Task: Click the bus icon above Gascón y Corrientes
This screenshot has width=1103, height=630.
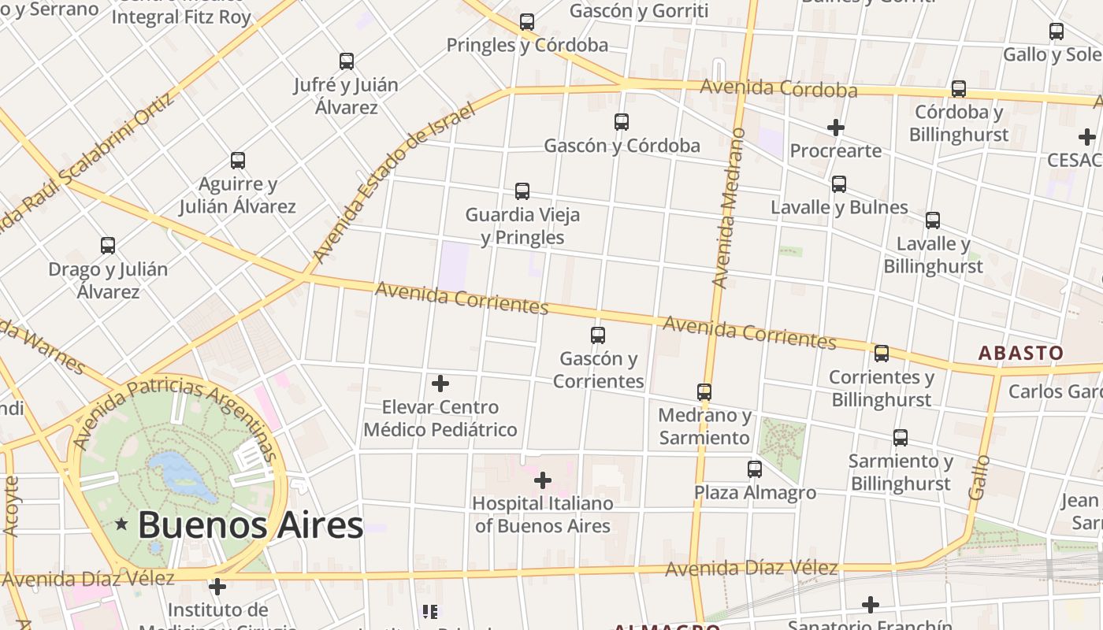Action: tap(598, 335)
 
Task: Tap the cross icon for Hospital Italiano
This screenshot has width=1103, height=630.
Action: tap(543, 480)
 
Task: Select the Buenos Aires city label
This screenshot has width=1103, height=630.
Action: tap(251, 525)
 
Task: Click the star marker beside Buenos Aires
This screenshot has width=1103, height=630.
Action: tap(121, 524)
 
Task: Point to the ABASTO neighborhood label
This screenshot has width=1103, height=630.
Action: tap(1021, 353)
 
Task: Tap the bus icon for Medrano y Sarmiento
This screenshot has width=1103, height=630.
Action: tap(704, 391)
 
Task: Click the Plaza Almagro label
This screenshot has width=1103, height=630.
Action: tap(755, 493)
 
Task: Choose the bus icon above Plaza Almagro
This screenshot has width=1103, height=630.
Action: tap(755, 469)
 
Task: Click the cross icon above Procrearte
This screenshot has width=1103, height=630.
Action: tap(836, 127)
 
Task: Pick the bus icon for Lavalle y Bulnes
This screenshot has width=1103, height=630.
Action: tap(839, 184)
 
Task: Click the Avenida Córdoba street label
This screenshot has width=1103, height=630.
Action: tap(778, 88)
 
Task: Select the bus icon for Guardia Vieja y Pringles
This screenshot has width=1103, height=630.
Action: tap(522, 191)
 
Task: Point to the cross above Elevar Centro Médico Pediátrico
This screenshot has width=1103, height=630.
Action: tap(440, 384)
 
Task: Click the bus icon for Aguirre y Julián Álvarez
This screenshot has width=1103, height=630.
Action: tap(238, 161)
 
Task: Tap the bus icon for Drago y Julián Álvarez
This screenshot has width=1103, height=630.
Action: tap(108, 245)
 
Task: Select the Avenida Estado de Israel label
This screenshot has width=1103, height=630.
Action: tap(394, 183)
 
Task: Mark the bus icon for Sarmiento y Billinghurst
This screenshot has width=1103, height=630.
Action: tap(901, 437)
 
